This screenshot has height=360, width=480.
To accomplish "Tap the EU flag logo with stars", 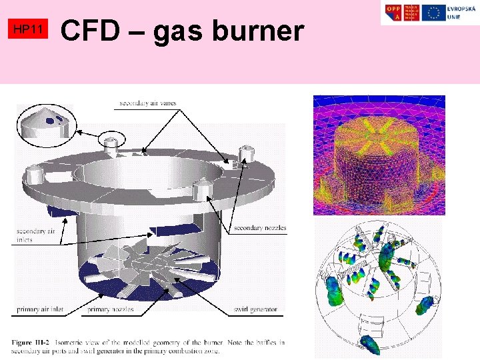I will [x=435, y=12].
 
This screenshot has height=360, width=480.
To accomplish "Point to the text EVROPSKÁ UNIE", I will [x=461, y=12].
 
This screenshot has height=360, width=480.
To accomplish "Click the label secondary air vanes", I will [x=148, y=103].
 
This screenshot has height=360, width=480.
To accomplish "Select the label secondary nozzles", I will [x=260, y=228].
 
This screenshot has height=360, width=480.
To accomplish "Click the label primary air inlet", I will [x=41, y=309].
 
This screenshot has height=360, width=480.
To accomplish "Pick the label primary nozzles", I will [x=111, y=309].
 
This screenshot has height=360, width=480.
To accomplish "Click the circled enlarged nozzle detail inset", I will [x=47, y=125].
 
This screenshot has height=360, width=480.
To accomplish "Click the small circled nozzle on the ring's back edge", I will [x=111, y=141].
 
